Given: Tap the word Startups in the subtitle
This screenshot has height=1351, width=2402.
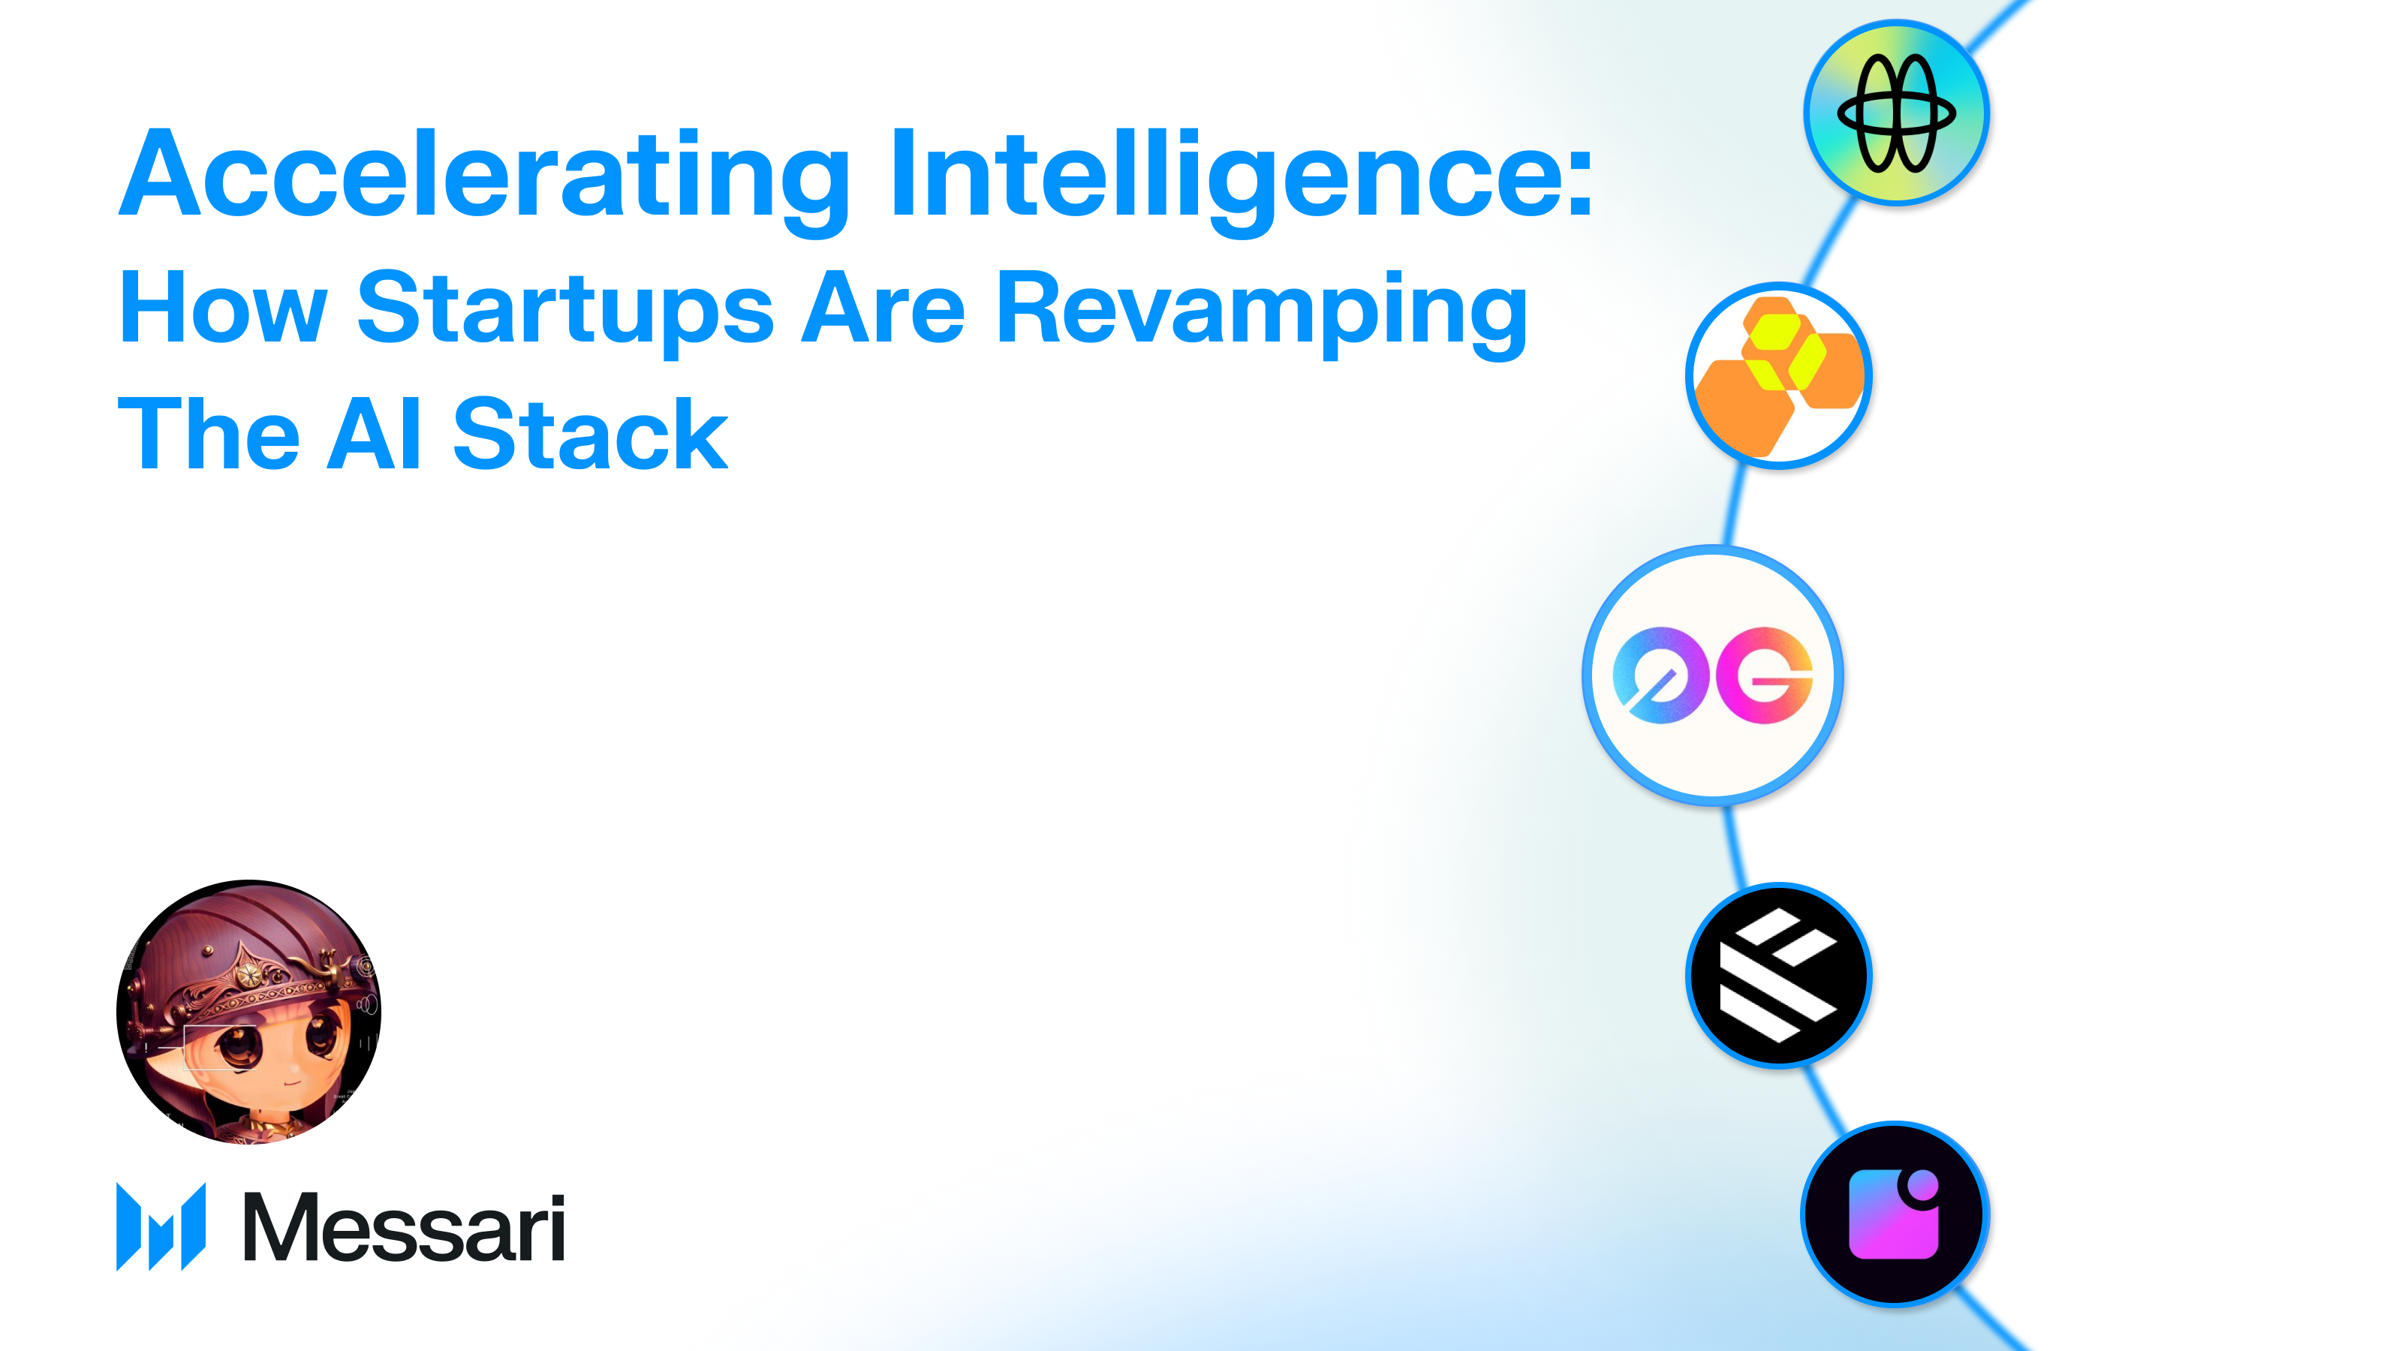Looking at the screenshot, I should [x=564, y=308].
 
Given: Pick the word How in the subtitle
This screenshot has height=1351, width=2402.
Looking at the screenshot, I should [x=223, y=308].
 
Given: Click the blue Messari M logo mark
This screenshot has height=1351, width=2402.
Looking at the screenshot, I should [x=161, y=1226].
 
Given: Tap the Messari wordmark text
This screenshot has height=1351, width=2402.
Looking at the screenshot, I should [x=403, y=1228].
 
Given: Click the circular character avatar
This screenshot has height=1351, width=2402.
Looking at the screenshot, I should [x=249, y=1012].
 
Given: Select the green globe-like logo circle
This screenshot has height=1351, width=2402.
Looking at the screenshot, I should [x=1895, y=113].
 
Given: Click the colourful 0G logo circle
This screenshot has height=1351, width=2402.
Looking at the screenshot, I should [x=1713, y=675].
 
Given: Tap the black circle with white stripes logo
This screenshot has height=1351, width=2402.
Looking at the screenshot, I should [x=1778, y=975].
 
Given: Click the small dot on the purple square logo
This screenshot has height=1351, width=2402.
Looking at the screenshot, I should [x=1922, y=1187].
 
